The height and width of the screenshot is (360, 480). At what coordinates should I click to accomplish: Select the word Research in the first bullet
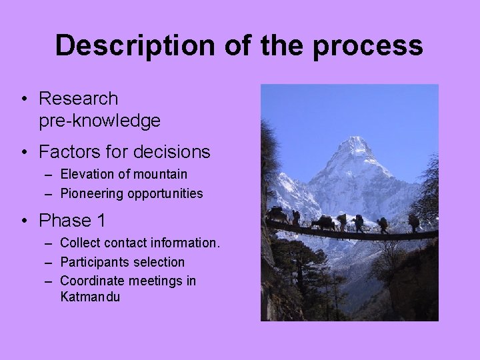pos(78,99)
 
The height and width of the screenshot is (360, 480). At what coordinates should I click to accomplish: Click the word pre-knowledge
pos(99,121)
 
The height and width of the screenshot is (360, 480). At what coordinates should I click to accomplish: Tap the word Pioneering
pos(90,194)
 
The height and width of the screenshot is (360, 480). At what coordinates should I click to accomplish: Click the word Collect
pos(79,243)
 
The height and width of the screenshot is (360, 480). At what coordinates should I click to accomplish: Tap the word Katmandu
pos(90,297)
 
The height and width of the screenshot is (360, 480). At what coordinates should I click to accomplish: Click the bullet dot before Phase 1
pos(24,221)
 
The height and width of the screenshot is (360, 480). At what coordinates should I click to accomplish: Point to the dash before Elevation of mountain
pos(51,175)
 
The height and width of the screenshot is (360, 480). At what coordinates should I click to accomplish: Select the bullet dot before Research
pos(24,99)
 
